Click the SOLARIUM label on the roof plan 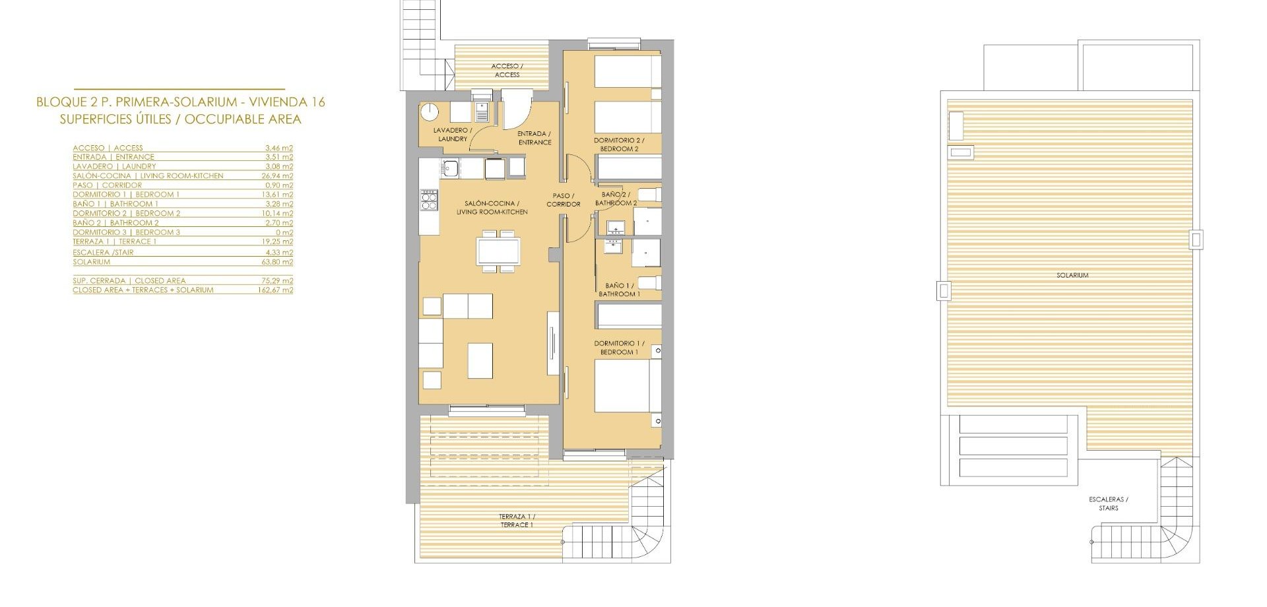1072,275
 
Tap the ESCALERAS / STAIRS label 1109,503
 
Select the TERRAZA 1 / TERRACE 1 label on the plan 517,521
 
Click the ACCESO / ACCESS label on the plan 507,70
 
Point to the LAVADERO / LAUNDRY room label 453,135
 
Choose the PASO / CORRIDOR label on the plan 564,200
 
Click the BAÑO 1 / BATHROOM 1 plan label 619,290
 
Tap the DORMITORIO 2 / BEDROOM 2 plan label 619,144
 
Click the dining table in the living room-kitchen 498,251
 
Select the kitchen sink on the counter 451,168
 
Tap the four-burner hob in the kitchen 429,199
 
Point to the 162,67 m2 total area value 275,290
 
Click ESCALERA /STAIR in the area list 103,253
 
